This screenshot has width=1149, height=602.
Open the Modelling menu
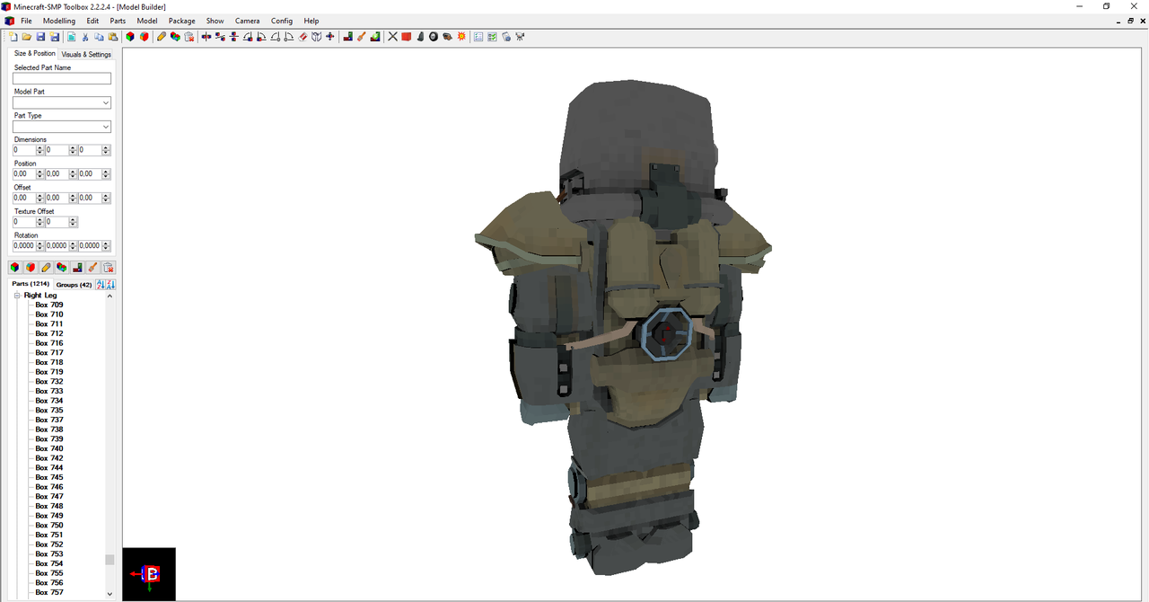coord(59,21)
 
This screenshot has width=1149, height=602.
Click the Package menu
coord(181,21)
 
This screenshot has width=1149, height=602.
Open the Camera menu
coord(247,21)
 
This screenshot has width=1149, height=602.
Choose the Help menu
coord(311,21)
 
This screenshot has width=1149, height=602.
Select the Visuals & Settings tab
coord(86,54)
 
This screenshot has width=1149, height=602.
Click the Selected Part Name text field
coord(62,79)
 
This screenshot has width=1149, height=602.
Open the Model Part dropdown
coord(62,103)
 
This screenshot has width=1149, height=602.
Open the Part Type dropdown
coord(62,128)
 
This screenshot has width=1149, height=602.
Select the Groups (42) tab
coord(74,284)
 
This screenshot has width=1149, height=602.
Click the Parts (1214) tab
coord(31,284)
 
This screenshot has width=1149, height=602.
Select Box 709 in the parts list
coord(49,305)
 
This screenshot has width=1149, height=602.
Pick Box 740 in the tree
coord(49,448)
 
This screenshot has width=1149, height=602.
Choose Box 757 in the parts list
coord(49,592)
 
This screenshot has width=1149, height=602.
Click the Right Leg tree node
coord(40,295)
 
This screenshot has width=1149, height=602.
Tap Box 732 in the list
coord(49,381)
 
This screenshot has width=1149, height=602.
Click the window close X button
coord(1134,6)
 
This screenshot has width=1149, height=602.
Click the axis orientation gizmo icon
coord(149,574)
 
